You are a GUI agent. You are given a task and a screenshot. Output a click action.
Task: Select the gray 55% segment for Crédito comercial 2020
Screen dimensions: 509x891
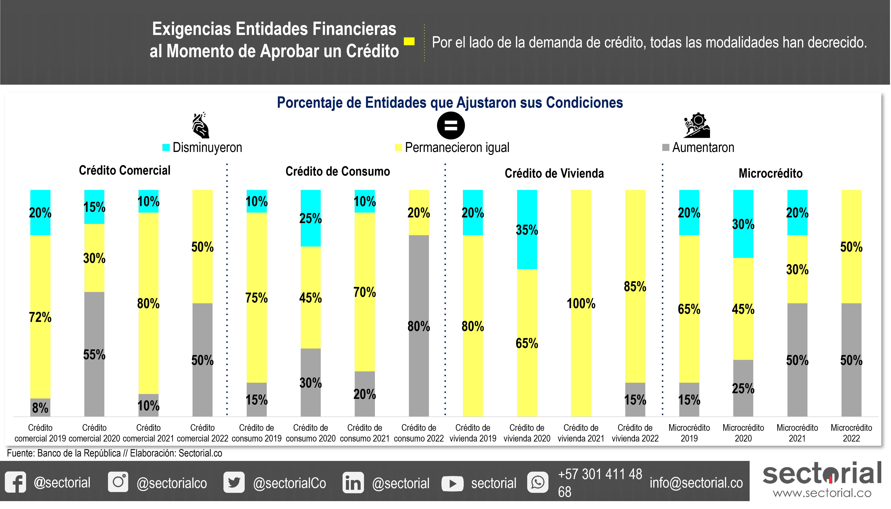[x=94, y=354]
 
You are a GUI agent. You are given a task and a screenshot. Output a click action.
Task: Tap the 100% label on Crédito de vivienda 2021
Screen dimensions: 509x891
[x=581, y=303]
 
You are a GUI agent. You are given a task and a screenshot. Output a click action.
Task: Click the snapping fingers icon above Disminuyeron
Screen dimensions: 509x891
[x=201, y=125]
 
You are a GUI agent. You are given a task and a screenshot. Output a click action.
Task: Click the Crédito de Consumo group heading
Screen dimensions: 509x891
[x=338, y=171]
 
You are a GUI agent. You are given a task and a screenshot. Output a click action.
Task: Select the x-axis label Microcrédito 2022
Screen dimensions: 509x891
[x=851, y=433]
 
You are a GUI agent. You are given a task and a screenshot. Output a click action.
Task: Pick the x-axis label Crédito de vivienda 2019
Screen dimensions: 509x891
[x=473, y=433]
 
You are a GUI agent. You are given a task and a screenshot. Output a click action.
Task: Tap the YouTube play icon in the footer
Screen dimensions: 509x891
[x=452, y=484]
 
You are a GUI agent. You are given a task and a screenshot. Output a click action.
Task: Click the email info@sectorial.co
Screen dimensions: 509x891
[x=696, y=483]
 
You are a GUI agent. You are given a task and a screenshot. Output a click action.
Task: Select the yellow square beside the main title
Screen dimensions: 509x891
[x=409, y=41]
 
